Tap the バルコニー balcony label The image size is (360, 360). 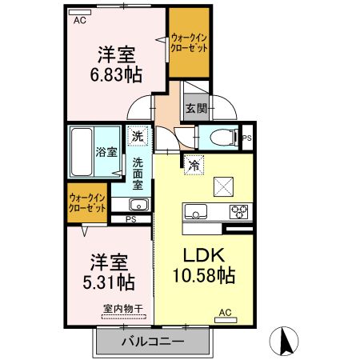tap(153, 342)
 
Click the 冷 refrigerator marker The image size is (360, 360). tap(194, 166)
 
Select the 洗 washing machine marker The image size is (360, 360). tap(138, 137)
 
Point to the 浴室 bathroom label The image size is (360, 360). tap(106, 152)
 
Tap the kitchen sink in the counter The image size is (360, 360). tap(196, 212)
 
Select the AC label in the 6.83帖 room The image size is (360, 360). tap(79, 20)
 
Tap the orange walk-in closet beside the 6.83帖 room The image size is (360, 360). tap(190, 43)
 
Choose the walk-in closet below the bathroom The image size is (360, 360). tap(87, 202)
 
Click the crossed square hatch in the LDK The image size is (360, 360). tap(223, 186)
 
